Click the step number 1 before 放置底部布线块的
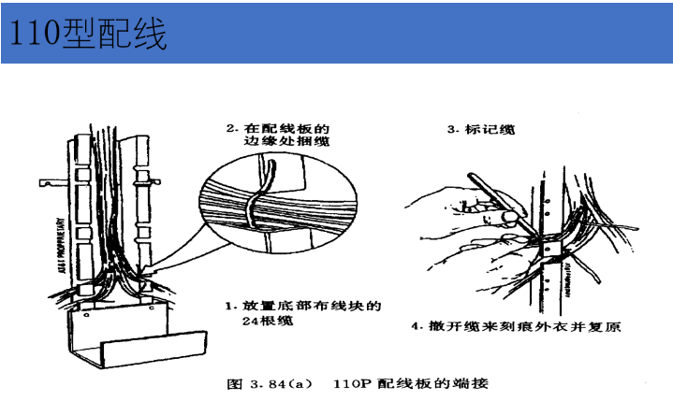coord(228,305)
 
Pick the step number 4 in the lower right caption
coord(413,327)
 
